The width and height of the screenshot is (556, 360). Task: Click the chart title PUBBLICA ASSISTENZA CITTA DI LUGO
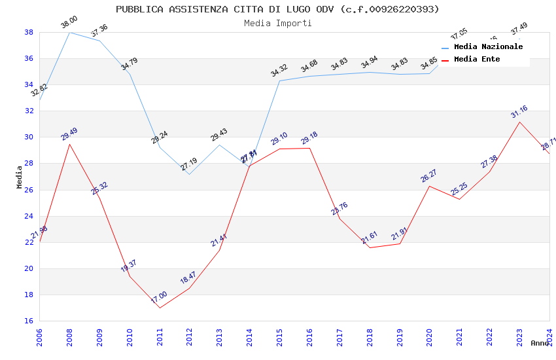point(277,9)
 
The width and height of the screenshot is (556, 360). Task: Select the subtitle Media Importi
point(277,23)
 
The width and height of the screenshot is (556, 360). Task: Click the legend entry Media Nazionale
point(488,46)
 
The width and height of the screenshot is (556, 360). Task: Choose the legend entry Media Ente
point(477,59)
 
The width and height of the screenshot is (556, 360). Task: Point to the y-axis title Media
point(20,177)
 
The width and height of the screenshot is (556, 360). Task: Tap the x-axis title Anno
point(540,343)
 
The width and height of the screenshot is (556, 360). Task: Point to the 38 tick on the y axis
point(29,32)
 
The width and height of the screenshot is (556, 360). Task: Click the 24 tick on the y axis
point(29,216)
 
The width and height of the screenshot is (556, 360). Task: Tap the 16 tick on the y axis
point(29,321)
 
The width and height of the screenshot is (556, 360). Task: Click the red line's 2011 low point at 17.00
point(160,308)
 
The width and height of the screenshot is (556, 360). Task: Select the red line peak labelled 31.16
point(519,122)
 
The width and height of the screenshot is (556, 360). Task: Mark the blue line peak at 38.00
point(69,32)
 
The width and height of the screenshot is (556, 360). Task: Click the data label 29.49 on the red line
point(69,134)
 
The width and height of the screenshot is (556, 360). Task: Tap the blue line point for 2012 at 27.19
point(190,174)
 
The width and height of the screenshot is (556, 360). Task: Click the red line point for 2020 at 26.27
point(429,186)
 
